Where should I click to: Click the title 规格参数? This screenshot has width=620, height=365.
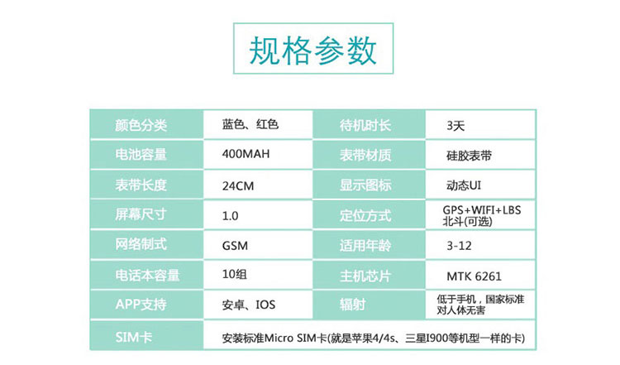tap(312, 50)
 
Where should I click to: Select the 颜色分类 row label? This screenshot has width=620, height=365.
tap(141, 125)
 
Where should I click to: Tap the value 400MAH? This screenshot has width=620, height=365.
tap(246, 154)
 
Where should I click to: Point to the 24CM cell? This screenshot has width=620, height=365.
tap(238, 185)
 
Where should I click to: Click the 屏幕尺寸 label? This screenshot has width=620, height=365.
tap(141, 214)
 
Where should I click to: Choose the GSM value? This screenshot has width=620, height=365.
tap(235, 246)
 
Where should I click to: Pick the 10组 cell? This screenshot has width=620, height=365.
tap(235, 274)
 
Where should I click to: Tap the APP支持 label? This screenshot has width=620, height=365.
tap(141, 305)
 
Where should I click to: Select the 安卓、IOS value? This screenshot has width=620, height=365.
tap(248, 305)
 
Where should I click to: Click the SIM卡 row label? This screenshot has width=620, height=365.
tap(134, 338)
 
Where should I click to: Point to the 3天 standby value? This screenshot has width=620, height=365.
tap(455, 126)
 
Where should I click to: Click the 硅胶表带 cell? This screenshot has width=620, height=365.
tap(469, 156)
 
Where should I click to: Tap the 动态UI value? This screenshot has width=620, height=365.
tap(464, 185)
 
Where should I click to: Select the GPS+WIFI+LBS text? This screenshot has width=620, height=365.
tap(482, 210)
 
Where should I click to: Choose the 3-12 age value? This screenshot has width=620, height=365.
tap(459, 246)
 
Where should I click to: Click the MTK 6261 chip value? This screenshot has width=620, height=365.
tap(475, 276)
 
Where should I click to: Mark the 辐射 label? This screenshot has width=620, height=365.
tap(352, 305)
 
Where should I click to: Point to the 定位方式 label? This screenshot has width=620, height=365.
tap(365, 215)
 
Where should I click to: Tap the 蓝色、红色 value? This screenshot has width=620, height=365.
tap(250, 124)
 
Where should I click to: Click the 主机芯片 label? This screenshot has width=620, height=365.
tap(365, 276)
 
